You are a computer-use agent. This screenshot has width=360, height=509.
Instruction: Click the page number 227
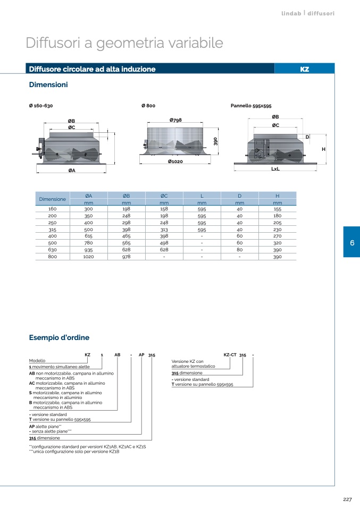click(347, 498)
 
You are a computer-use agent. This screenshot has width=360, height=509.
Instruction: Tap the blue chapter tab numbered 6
click(351, 242)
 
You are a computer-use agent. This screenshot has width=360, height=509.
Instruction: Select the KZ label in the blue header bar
click(305, 69)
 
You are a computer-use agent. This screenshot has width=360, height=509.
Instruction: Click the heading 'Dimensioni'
click(48, 85)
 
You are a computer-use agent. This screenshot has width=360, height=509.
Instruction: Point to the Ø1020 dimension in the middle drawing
click(175, 161)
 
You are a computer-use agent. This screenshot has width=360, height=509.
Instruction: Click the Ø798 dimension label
click(175, 120)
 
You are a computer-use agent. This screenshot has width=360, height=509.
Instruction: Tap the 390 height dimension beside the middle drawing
click(215, 141)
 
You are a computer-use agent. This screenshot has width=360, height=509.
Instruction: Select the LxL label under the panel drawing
click(275, 169)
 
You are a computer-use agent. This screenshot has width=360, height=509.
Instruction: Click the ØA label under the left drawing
click(71, 170)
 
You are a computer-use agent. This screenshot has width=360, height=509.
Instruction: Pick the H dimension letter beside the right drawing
click(323, 149)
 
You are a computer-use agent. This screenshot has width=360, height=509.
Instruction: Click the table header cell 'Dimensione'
click(53, 199)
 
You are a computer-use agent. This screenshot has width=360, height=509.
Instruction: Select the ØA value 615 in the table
click(88, 236)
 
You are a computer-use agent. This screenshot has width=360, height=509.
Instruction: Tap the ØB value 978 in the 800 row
click(126, 257)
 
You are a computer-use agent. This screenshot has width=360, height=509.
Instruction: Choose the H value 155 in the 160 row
click(277, 209)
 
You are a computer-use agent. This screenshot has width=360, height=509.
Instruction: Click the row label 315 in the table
click(53, 229)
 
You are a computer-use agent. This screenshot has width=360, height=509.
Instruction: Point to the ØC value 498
click(164, 243)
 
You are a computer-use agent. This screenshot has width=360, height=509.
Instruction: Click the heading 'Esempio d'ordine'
click(59, 337)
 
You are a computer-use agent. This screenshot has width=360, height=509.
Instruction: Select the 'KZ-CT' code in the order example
click(230, 354)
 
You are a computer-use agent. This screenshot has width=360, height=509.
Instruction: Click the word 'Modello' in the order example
click(37, 360)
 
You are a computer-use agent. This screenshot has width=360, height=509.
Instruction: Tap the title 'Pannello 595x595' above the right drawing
click(251, 106)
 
